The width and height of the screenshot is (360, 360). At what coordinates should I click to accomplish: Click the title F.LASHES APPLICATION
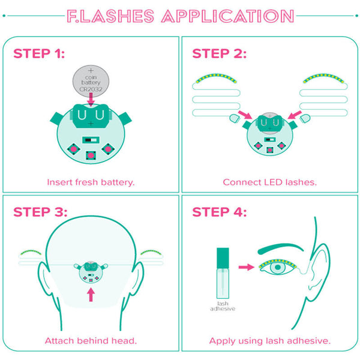tap(180, 16)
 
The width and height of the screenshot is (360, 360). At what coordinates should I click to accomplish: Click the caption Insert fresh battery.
tap(91, 181)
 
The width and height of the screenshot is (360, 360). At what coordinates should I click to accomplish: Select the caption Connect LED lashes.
tap(269, 181)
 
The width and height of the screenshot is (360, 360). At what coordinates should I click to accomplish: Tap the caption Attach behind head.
tap(91, 340)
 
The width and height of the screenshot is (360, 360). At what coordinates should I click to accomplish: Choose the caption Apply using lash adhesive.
tap(269, 340)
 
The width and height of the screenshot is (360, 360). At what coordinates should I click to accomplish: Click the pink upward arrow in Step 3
tap(91, 295)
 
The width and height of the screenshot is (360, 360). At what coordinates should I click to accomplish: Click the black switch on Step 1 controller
tap(89, 139)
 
